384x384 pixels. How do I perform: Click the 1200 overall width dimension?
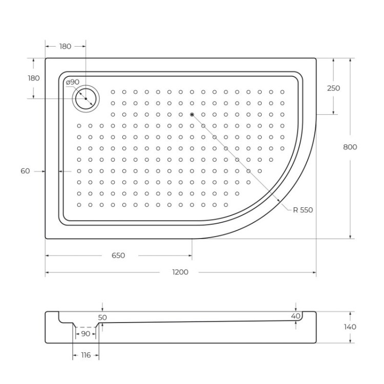pos(180,272)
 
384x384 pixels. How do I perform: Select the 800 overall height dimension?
pos(350,147)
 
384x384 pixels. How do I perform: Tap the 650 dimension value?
pos(118,255)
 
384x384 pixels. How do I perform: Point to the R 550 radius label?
pos(303,210)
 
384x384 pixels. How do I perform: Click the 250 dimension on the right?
pos(333,88)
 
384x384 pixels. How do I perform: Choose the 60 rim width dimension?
pos(25,171)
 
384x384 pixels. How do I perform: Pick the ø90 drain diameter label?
pos(72,82)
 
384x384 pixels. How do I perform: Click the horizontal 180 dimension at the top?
pos(65,46)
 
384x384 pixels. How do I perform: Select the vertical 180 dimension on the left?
pos(33,78)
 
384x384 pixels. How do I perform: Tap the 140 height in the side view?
pos(350,327)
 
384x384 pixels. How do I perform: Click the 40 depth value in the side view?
pos(295,316)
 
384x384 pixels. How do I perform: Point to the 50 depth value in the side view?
pos(102,317)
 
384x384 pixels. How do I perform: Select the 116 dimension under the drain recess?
pos(85,355)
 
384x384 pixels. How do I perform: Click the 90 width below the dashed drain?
pos(85,334)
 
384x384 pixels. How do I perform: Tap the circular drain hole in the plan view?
pos(86,98)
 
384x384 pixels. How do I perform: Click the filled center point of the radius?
pos(192,114)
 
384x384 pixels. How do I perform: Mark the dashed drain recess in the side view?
pos(85,327)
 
